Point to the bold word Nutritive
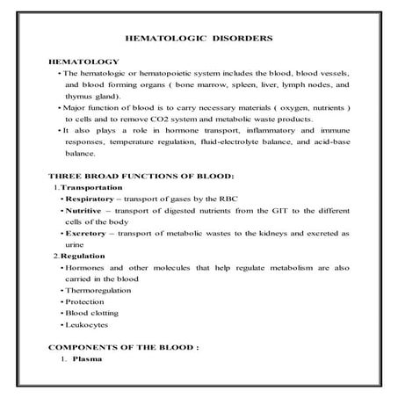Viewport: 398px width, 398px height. [84, 212]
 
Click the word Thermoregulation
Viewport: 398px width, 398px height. [100, 288]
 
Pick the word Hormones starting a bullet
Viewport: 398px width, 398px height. [86, 266]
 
